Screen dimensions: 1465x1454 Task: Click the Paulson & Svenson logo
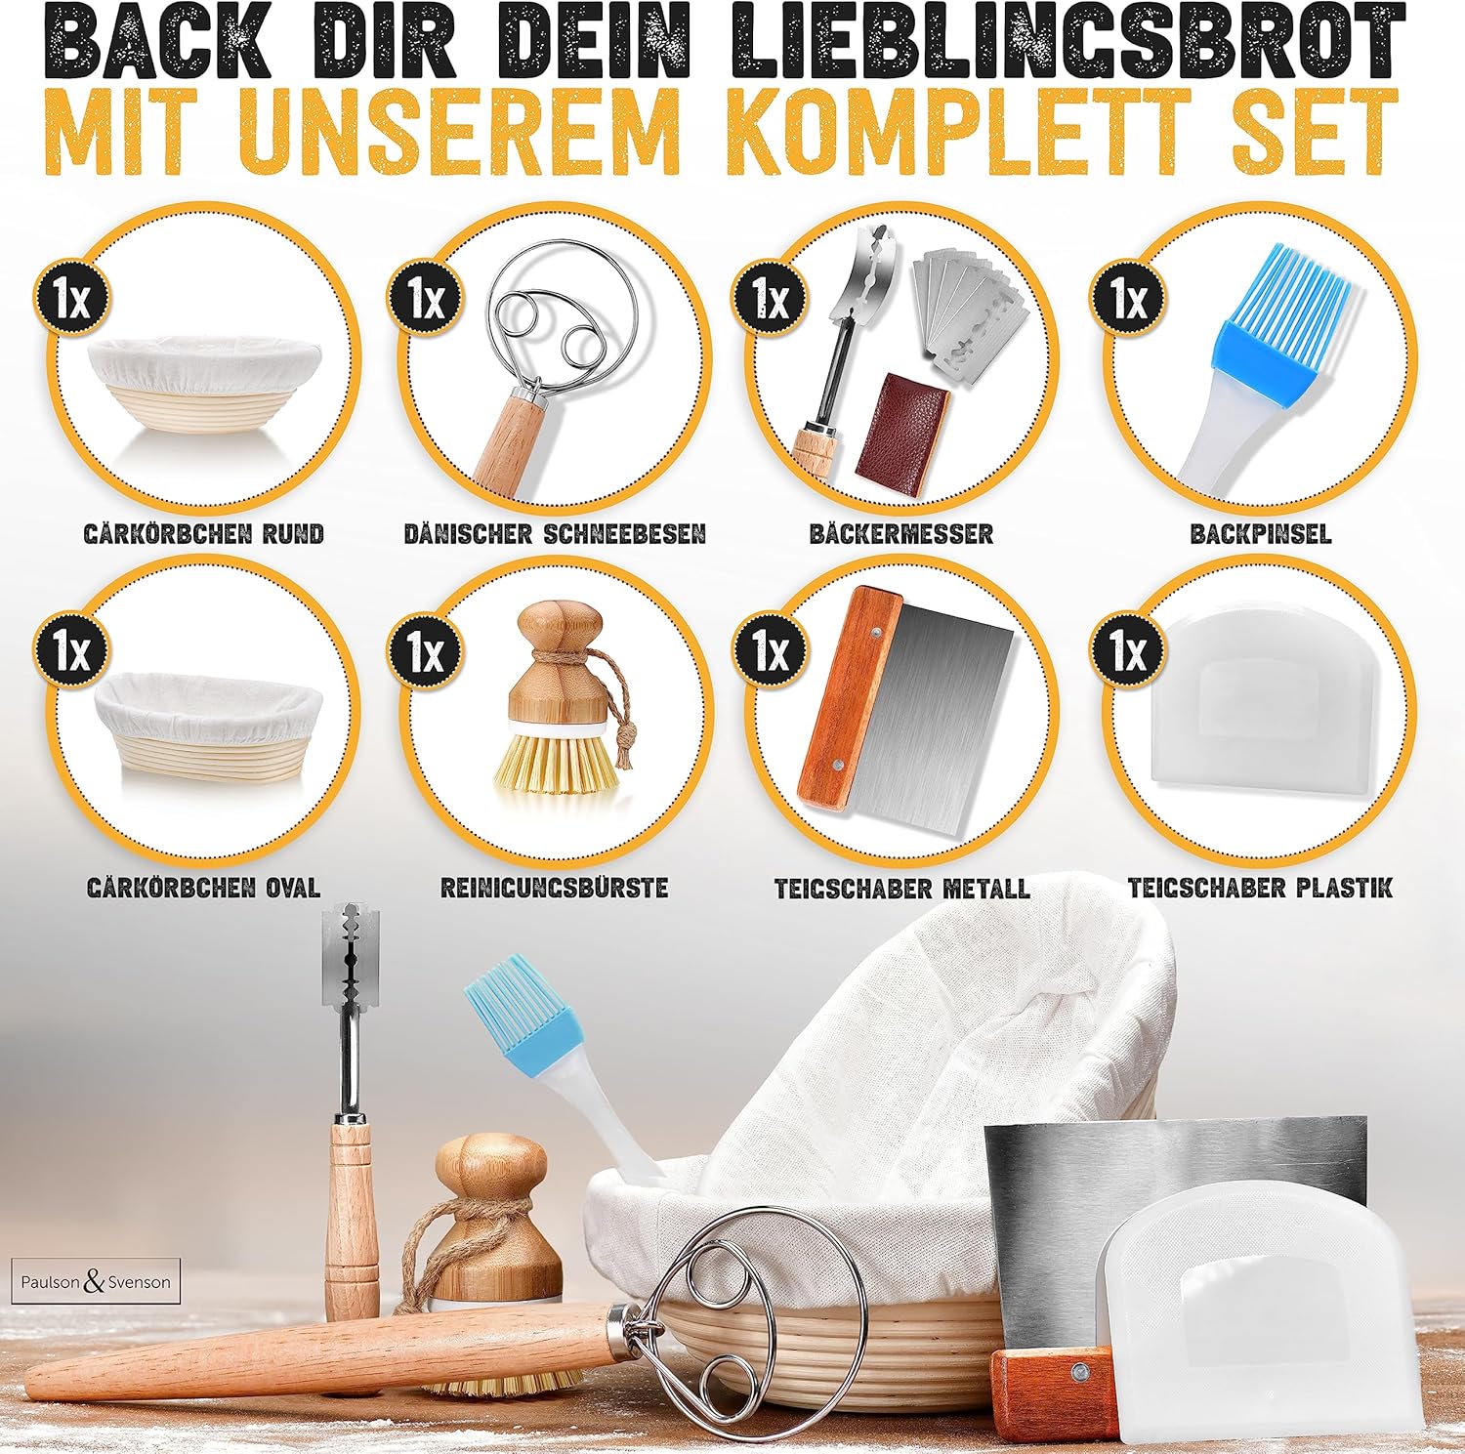point(96,1281)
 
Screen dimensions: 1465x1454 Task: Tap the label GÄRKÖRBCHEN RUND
point(204,534)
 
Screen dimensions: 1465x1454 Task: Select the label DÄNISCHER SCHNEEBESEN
point(555,534)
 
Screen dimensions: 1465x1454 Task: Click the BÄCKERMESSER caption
point(900,534)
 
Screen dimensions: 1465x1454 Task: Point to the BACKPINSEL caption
point(1260,534)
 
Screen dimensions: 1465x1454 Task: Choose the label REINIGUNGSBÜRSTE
point(554,888)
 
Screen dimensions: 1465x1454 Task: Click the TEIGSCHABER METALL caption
point(901,889)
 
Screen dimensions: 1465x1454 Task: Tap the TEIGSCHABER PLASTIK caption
point(1260,888)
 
